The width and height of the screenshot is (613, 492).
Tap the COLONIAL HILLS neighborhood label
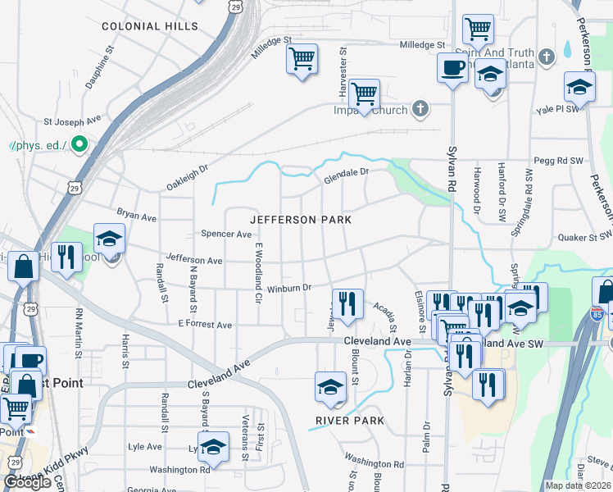click(x=150, y=26)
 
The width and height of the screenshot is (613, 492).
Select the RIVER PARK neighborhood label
click(x=350, y=421)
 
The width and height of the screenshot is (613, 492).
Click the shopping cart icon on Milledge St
click(x=302, y=59)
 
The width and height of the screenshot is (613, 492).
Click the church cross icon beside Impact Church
click(x=420, y=108)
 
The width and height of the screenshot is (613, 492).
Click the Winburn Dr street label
click(x=288, y=288)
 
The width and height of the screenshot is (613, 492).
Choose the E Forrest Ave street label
click(x=205, y=325)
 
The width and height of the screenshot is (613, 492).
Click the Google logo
click(x=27, y=482)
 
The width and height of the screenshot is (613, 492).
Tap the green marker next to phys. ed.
click(x=79, y=145)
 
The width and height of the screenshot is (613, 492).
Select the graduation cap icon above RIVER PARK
click(x=330, y=387)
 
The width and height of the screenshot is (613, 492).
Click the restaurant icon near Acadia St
click(x=347, y=304)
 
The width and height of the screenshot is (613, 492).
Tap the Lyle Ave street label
click(x=144, y=447)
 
